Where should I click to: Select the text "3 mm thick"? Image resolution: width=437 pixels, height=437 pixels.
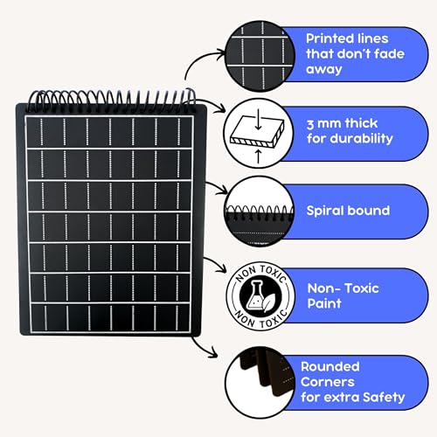(x=342, y=124)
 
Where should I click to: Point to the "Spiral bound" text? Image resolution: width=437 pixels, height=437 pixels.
(x=348, y=211)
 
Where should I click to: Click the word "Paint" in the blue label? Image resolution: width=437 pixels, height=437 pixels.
(x=324, y=303)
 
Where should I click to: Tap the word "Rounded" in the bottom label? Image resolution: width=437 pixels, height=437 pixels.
(x=330, y=367)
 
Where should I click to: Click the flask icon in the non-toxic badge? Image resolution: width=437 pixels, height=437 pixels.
(x=254, y=295)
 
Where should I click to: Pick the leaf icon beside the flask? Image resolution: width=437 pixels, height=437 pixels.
(x=268, y=302)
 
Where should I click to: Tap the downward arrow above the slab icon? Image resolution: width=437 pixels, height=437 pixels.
(x=258, y=119)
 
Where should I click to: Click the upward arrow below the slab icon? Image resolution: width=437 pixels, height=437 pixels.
(x=258, y=156)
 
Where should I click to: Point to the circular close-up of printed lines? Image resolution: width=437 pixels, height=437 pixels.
(x=260, y=56)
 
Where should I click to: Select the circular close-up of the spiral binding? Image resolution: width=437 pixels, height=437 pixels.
(x=260, y=212)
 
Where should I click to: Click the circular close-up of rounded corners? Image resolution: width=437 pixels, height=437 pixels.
(x=260, y=383)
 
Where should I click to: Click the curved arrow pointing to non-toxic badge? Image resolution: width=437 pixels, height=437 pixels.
(x=217, y=262)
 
